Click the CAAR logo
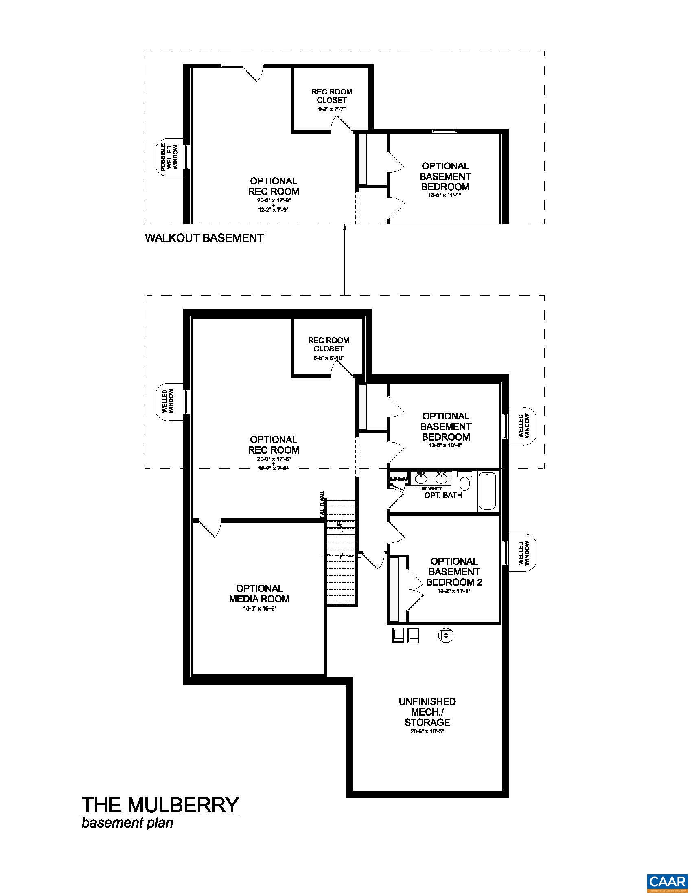pos(667,881)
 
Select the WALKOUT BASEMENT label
pos(204,238)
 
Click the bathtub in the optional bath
pos(487,491)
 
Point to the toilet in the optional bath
pos(464,481)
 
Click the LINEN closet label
pos(399,479)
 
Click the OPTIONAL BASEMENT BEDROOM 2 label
pos(454,571)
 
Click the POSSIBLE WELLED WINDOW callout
pos(169,157)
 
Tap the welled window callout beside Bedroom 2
pos(524,553)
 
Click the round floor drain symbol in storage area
pos(446,635)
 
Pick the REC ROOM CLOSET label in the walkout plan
pos(332,96)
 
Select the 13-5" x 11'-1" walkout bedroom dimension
pos(445,195)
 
